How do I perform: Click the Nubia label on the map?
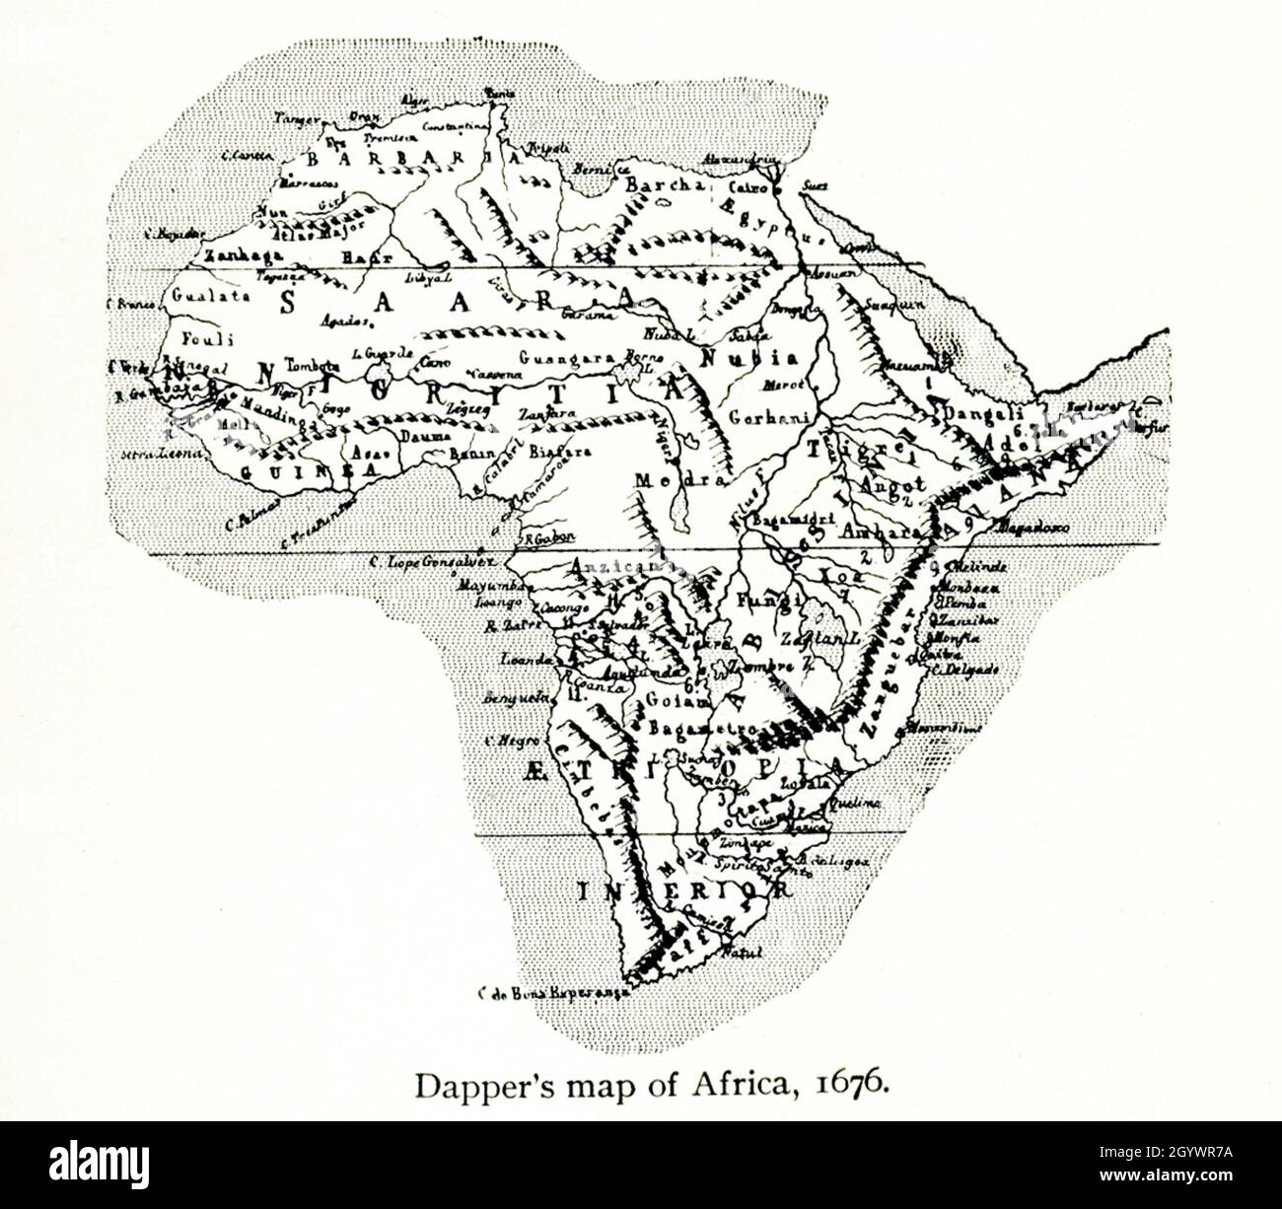[761, 357]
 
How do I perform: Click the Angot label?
[892, 484]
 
